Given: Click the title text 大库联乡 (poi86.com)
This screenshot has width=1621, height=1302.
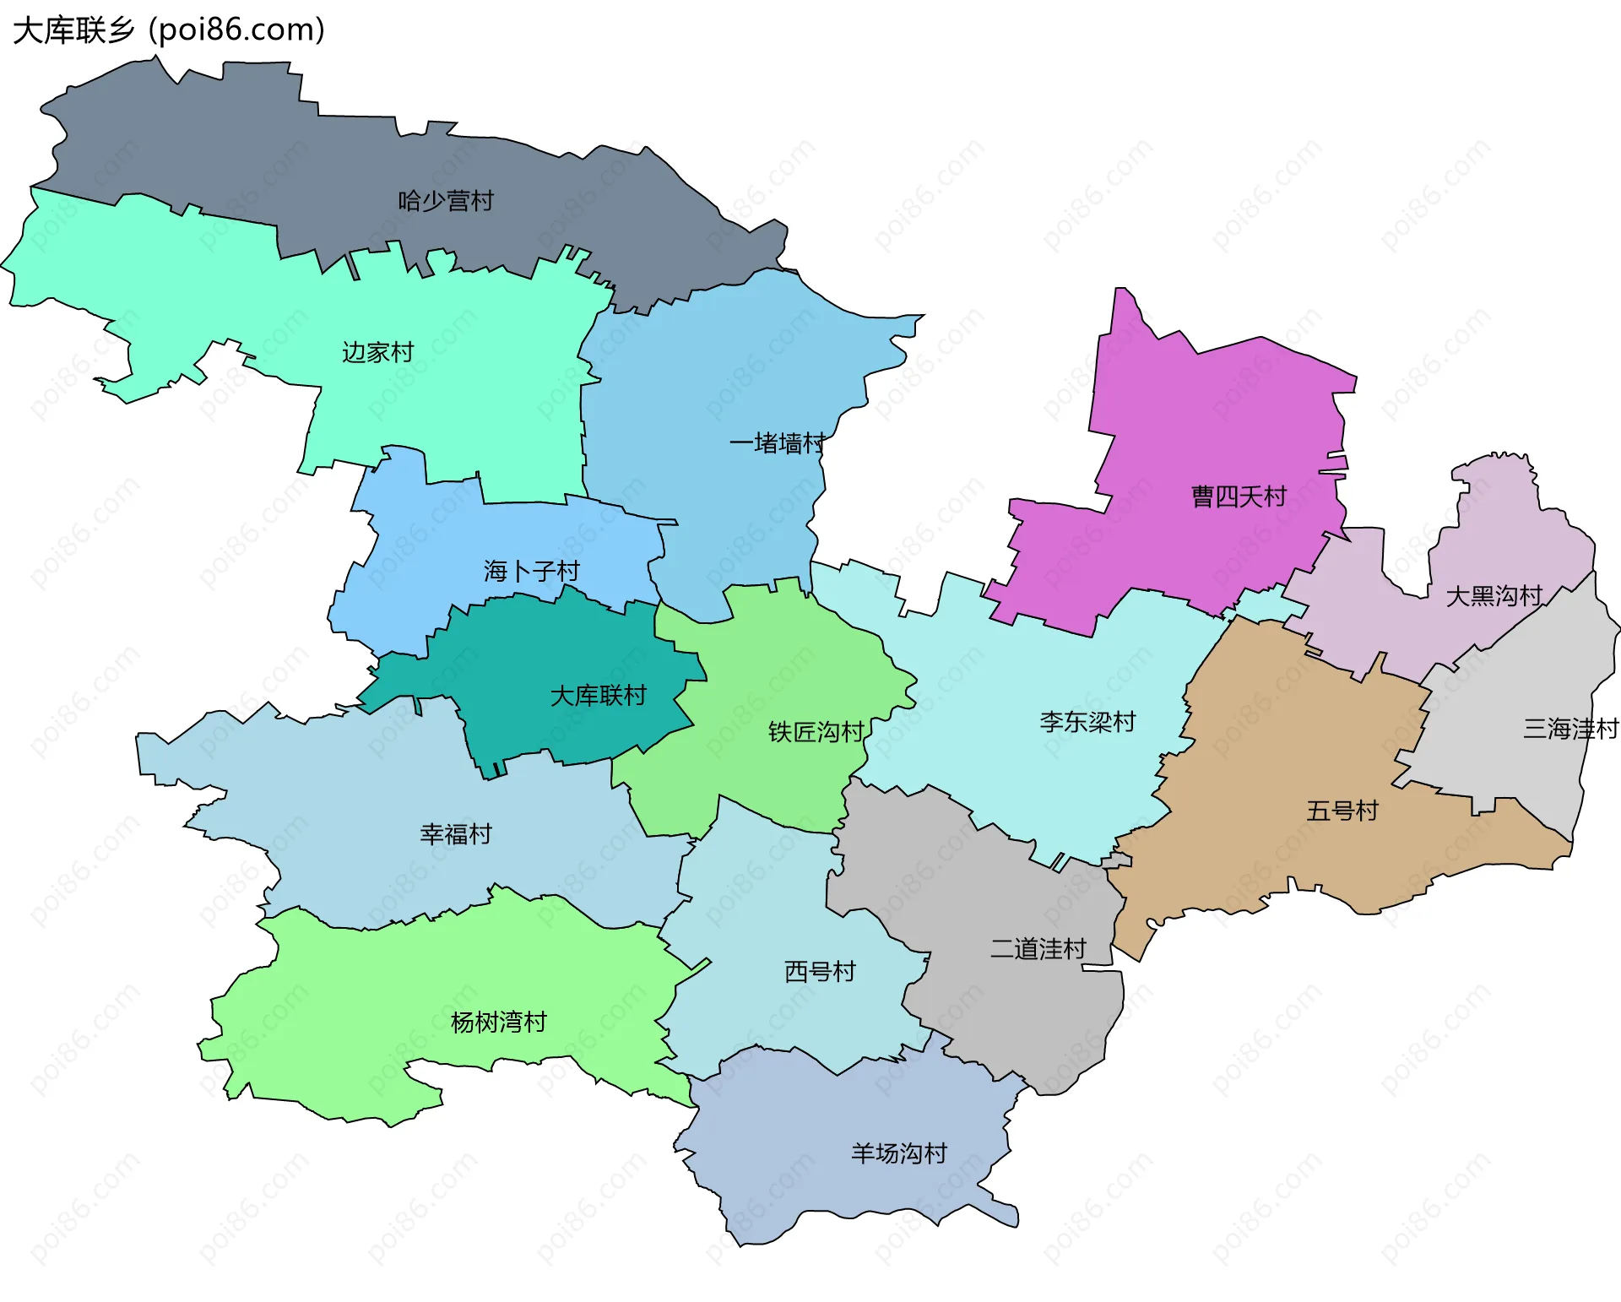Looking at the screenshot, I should (x=169, y=30).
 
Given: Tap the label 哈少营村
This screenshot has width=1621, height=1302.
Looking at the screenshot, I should (x=446, y=201).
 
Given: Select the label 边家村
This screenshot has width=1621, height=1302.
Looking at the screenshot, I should (x=377, y=352).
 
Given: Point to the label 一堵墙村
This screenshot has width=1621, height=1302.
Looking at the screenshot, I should (x=778, y=443).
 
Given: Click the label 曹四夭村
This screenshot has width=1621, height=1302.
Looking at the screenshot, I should (x=1239, y=496).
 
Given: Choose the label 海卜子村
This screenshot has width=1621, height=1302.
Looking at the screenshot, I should (x=532, y=572).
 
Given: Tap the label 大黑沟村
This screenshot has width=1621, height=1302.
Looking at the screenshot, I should (x=1494, y=596).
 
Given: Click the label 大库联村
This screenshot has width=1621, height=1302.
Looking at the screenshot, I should (x=598, y=696).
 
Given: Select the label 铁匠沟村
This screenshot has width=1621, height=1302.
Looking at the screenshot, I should (x=816, y=732).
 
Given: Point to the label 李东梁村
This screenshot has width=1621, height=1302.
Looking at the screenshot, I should (x=1088, y=722).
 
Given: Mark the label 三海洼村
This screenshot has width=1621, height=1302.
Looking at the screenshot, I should (x=1571, y=729).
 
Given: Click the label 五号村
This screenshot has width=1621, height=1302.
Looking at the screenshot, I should (x=1342, y=811).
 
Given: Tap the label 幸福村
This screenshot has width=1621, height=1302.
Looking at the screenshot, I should (x=456, y=834).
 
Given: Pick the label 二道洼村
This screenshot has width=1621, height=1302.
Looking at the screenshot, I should (x=1038, y=949).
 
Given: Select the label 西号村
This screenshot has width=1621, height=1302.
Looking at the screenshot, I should (x=820, y=972).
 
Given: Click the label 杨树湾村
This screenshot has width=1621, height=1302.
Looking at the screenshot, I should (x=499, y=1023).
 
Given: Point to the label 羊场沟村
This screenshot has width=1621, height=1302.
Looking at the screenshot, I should (x=899, y=1153).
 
